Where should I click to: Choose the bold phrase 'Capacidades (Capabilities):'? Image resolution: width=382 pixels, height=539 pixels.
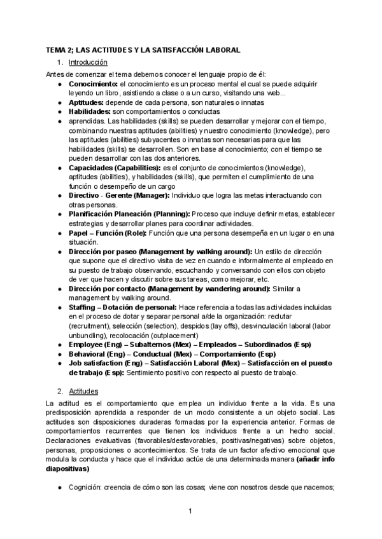coord(117,167)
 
